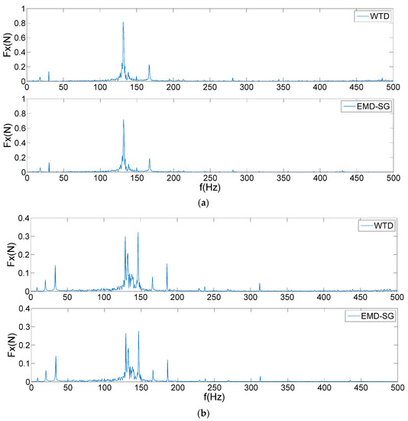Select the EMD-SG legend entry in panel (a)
(x=364, y=106)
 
